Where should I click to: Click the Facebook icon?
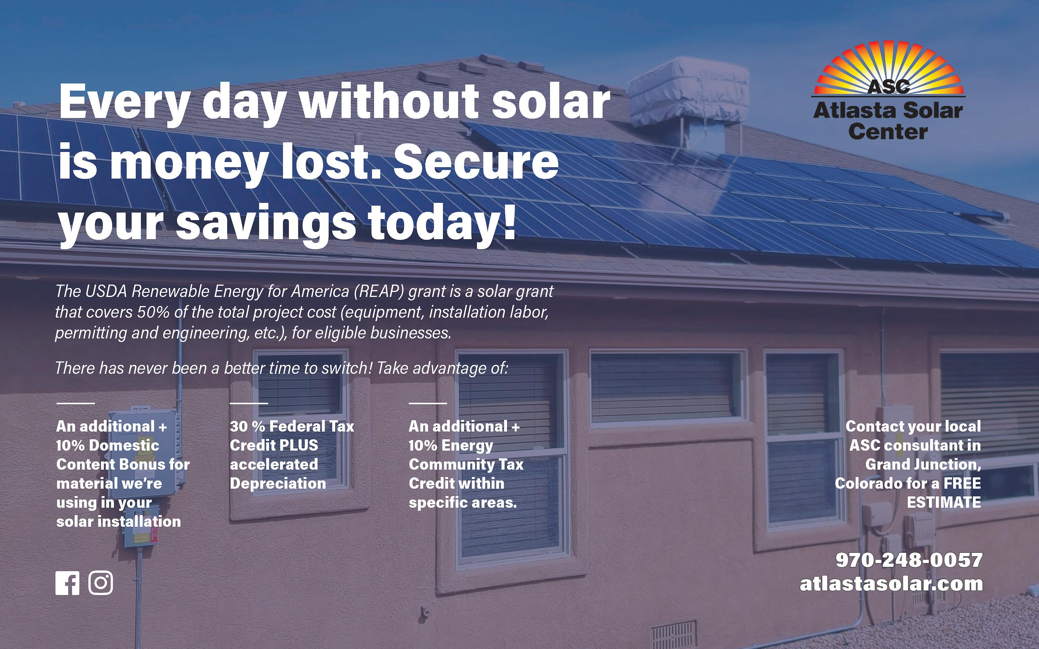[x=68, y=583]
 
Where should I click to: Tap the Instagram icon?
[x=101, y=583]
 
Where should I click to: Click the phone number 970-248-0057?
[x=909, y=560]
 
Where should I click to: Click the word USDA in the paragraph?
[x=106, y=291]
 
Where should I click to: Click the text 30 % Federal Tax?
[x=292, y=426]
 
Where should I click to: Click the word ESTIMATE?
[x=944, y=502]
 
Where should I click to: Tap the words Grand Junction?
[x=923, y=465]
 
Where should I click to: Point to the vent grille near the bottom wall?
[x=674, y=634]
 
